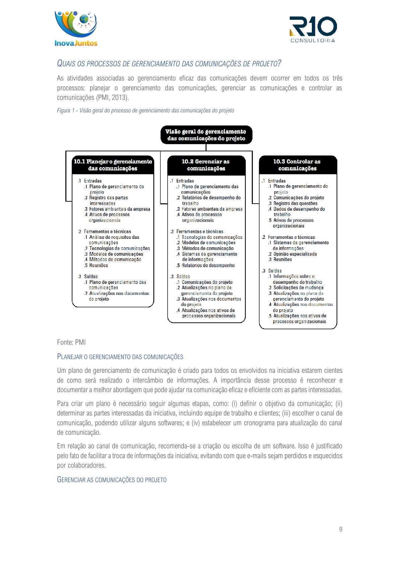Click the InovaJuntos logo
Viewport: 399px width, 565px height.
click(76, 29)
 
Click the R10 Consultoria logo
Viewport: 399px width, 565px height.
click(313, 30)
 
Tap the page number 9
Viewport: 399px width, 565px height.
click(341, 529)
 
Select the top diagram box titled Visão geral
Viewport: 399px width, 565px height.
click(206, 135)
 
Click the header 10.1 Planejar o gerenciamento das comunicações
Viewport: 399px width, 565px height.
click(113, 165)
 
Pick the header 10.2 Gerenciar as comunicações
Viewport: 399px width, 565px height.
click(206, 165)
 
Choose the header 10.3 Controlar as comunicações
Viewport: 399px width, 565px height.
click(297, 165)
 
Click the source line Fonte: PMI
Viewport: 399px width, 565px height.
click(71, 342)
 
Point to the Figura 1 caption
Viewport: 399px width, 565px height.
click(145, 110)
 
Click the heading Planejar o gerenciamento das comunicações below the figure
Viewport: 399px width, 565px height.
click(120, 357)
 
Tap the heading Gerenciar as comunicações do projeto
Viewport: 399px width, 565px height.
click(112, 479)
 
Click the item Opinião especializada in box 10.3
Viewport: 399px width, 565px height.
click(295, 254)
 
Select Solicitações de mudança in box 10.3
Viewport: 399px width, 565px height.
click(298, 288)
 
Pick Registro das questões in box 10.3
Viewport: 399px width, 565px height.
click(295, 203)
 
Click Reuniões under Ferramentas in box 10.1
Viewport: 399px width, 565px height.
click(98, 265)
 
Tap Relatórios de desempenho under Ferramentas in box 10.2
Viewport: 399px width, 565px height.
click(208, 265)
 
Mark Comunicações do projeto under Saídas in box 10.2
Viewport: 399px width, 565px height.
click(207, 282)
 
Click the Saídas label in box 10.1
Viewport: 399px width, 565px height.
click(91, 276)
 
